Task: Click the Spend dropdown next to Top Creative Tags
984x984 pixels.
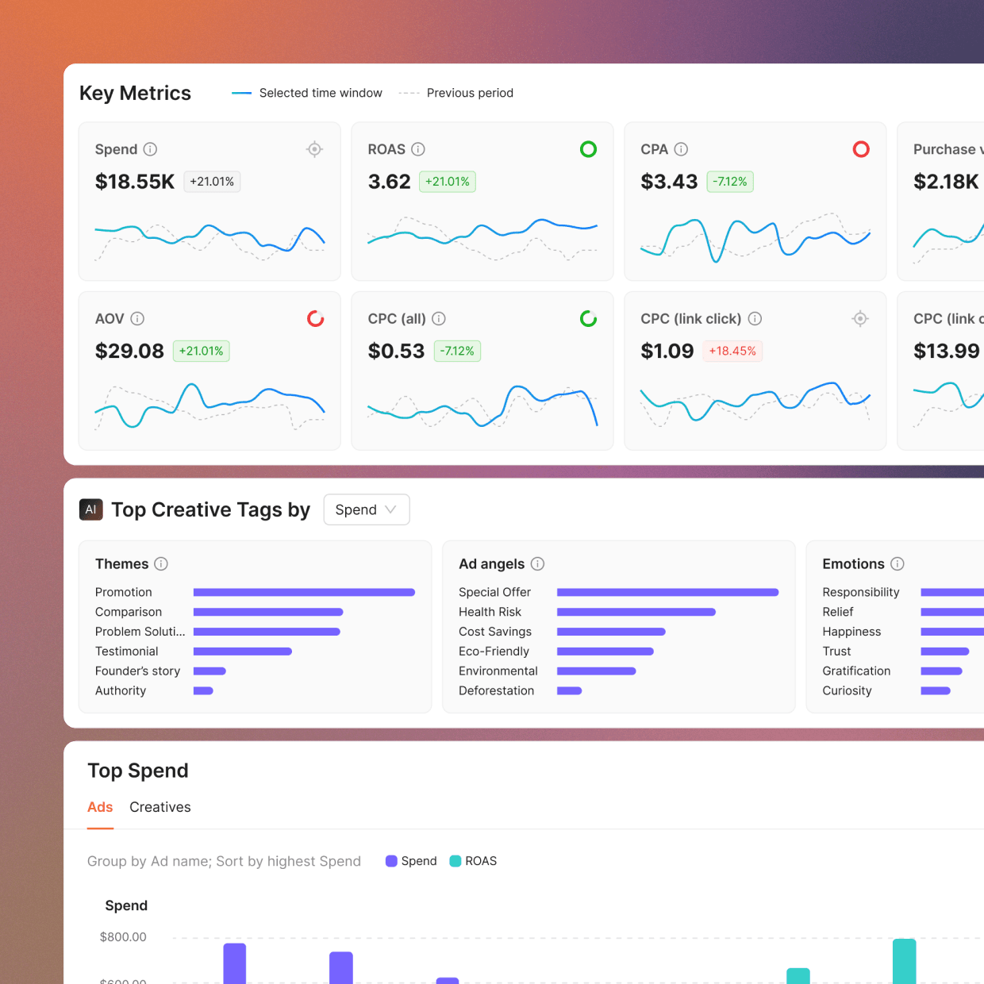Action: click(x=366, y=509)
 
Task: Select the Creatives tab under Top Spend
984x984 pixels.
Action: click(x=160, y=807)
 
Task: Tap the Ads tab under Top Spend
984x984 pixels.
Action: click(x=100, y=807)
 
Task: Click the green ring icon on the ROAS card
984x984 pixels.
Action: click(x=588, y=149)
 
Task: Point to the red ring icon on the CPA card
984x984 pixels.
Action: click(x=861, y=149)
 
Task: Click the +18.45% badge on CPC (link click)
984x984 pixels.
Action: click(x=732, y=351)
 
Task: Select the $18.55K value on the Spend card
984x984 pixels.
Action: click(x=135, y=182)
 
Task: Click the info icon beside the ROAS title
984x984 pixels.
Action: click(x=418, y=149)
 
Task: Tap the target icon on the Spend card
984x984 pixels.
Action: click(x=315, y=149)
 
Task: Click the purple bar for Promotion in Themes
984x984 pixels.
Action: click(x=304, y=592)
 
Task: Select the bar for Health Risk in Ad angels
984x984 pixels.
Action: click(x=636, y=612)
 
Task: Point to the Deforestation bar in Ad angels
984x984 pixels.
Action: click(x=569, y=690)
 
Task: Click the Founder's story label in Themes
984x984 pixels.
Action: click(x=137, y=671)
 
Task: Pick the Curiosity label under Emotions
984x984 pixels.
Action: click(x=847, y=690)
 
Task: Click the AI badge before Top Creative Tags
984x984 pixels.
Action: click(x=91, y=509)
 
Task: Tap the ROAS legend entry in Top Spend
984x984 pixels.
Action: click(x=474, y=861)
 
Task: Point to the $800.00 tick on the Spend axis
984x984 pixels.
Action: click(x=123, y=937)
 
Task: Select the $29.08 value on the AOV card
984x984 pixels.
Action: click(x=129, y=351)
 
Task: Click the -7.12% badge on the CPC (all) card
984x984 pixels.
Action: click(x=457, y=351)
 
